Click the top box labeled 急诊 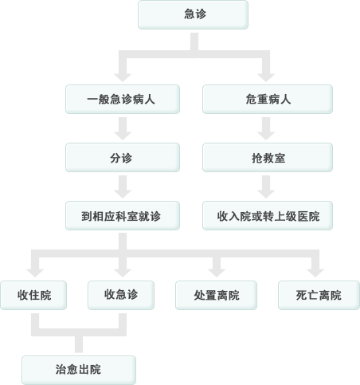click(x=193, y=14)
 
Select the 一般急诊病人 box click(x=123, y=99)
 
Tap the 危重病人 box click(x=268, y=99)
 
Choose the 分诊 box click(x=123, y=157)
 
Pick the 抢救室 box click(x=268, y=157)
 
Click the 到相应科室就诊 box click(x=123, y=215)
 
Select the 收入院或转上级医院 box click(x=268, y=215)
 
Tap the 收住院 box click(x=33, y=295)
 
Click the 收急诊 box click(x=121, y=295)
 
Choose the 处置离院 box click(x=216, y=295)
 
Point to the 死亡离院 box click(x=319, y=295)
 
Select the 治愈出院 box click(x=79, y=370)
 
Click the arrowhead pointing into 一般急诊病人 click(x=123, y=77)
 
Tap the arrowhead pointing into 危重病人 click(x=266, y=77)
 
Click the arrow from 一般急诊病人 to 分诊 click(x=123, y=128)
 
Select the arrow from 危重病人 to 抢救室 click(x=266, y=128)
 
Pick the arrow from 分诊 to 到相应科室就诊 click(x=123, y=187)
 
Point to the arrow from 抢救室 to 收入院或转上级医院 click(x=266, y=187)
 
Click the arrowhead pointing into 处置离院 click(x=217, y=273)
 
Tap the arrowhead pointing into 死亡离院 click(x=315, y=273)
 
